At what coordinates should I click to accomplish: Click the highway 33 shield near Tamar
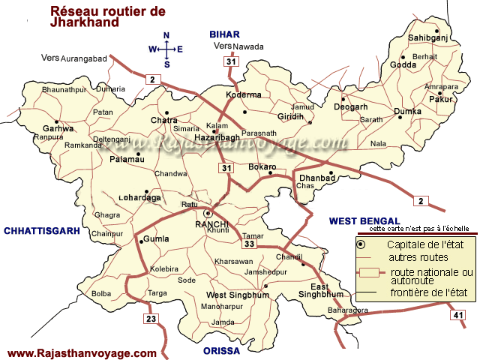point(249,243)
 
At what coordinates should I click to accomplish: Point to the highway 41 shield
point(458,316)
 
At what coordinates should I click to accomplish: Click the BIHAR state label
point(223,34)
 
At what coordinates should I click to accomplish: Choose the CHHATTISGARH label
point(41,231)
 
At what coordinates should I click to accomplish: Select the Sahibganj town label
point(427,37)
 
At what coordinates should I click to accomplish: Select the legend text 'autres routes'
point(413,256)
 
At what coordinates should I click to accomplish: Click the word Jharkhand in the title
point(83,22)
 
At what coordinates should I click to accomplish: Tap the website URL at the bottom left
point(82,353)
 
